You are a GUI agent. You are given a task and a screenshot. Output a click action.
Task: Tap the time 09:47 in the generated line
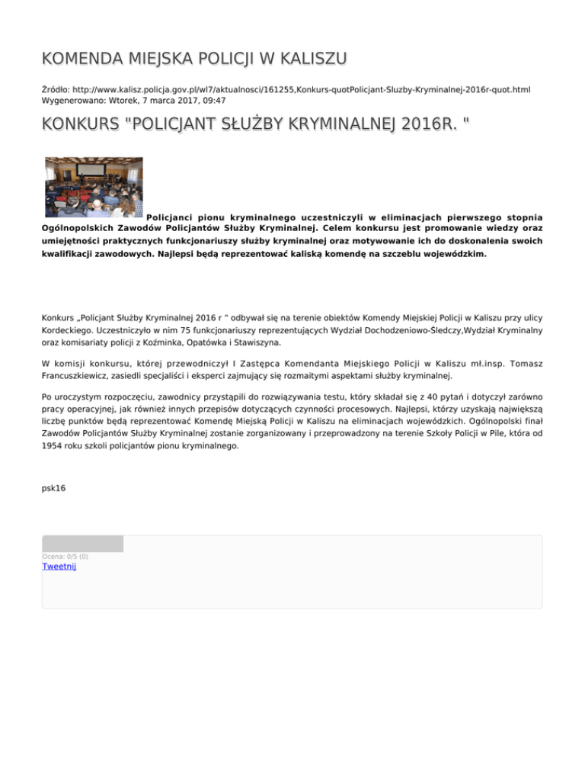(212, 100)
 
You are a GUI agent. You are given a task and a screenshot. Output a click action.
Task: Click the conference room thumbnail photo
(94, 187)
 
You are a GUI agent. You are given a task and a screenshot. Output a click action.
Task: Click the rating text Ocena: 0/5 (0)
(65, 557)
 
